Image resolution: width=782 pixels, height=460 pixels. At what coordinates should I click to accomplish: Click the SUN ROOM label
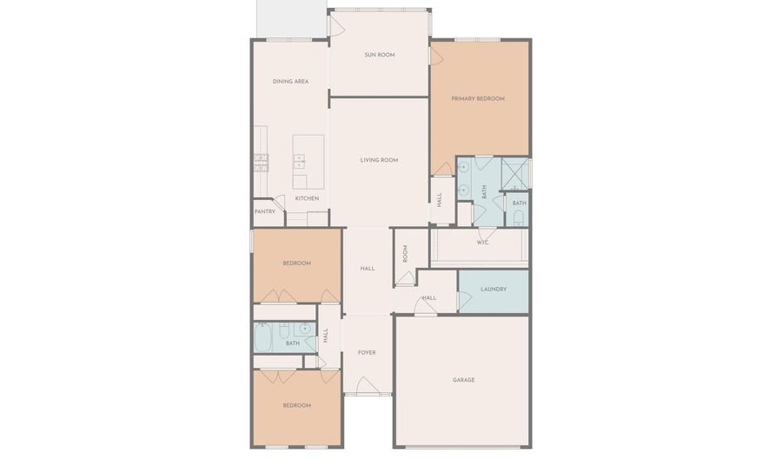[379, 55]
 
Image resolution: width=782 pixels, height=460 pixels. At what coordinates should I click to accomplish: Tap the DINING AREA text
[290, 82]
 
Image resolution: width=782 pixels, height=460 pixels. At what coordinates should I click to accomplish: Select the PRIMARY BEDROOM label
[478, 99]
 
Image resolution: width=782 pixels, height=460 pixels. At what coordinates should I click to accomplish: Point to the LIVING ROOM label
[379, 160]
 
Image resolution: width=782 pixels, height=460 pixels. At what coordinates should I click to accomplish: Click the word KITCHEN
[307, 198]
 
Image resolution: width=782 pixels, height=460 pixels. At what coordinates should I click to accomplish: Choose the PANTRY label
[265, 211]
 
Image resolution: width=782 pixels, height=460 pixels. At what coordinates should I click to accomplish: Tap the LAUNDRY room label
[493, 289]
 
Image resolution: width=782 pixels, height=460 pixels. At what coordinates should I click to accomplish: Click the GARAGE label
[463, 380]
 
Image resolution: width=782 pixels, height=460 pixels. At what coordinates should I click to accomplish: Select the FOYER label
[367, 352]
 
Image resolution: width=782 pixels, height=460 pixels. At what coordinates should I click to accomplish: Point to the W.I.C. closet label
[483, 243]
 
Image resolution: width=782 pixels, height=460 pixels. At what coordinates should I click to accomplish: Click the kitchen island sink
[299, 161]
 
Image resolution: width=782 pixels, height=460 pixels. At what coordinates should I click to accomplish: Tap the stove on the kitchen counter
[261, 162]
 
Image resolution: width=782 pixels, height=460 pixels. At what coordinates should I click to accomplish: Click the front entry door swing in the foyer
[368, 386]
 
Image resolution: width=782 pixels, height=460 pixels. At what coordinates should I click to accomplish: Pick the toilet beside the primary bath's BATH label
[519, 218]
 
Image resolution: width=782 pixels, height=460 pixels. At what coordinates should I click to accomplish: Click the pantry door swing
[279, 203]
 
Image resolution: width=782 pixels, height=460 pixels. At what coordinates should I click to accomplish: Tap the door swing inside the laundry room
[464, 299]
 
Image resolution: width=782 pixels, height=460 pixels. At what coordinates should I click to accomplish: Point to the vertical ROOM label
[405, 253]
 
